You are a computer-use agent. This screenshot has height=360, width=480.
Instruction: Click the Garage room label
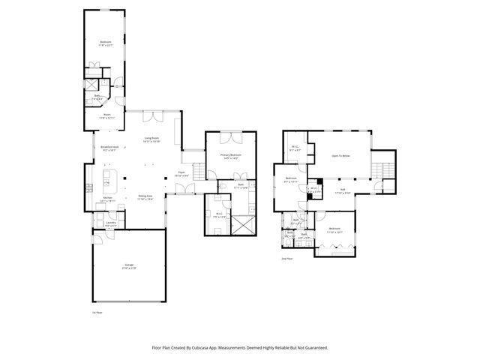click(130, 266)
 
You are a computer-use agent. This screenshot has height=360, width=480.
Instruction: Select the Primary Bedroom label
click(229, 156)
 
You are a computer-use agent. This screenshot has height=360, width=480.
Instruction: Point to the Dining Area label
click(145, 197)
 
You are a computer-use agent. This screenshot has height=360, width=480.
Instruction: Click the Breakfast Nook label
click(109, 148)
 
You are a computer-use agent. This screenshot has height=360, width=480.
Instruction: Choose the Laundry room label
click(110, 223)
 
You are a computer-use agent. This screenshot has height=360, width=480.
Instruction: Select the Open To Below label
click(341, 156)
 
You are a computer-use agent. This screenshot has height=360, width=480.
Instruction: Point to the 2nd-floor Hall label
click(342, 190)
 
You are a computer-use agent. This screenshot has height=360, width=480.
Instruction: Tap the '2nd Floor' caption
click(286, 259)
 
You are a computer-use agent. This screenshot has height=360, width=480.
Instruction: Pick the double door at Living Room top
click(153, 115)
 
